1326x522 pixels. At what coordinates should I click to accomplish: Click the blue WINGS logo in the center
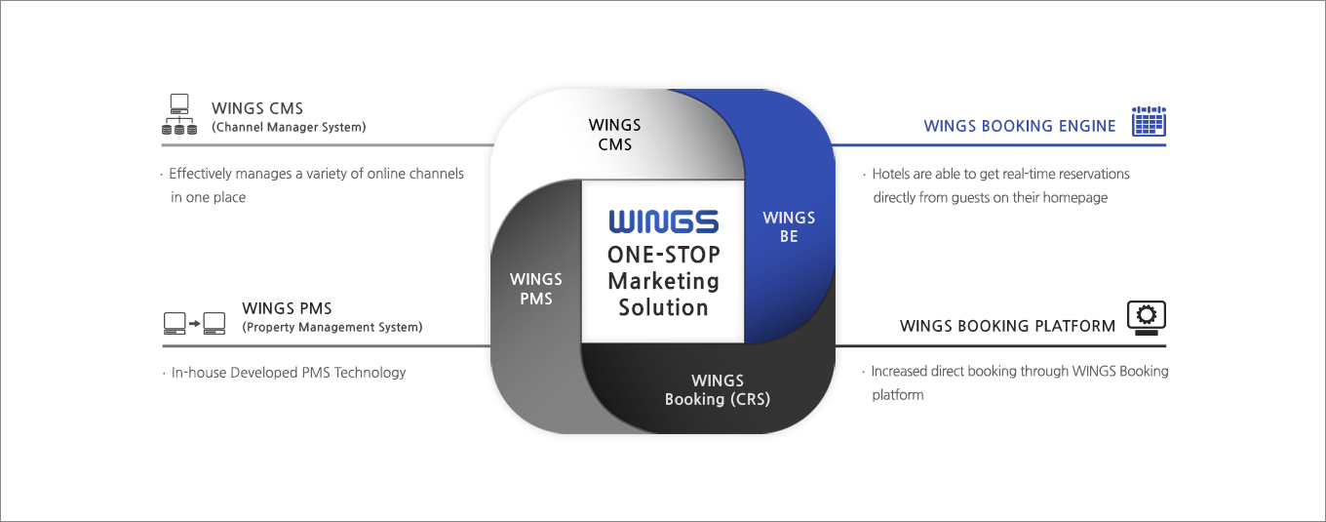664,221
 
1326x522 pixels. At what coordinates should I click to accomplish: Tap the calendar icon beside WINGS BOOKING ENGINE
1149,121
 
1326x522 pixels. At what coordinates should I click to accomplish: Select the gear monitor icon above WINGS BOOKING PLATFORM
1147,317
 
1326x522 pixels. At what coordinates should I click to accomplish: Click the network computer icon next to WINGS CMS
179,114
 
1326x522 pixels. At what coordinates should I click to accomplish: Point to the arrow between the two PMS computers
194,324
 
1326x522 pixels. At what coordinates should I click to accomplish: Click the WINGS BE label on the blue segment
789,227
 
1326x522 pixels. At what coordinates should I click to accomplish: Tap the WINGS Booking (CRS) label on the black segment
718,390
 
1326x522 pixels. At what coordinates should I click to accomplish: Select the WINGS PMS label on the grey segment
536,289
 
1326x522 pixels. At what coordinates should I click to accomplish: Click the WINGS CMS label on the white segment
614,135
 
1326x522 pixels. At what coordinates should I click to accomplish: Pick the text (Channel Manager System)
289,127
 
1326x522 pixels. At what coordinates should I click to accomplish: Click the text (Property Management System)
332,327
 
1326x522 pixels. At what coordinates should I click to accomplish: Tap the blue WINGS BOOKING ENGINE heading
1020,126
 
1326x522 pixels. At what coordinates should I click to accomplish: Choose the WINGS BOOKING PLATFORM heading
1007,326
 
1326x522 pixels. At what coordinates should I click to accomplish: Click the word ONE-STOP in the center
664,255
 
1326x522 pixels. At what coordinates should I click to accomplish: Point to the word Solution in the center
664,307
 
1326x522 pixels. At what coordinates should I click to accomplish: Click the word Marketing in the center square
664,281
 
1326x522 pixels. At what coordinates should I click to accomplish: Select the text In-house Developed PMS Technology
289,373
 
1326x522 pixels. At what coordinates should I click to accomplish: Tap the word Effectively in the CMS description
200,174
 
